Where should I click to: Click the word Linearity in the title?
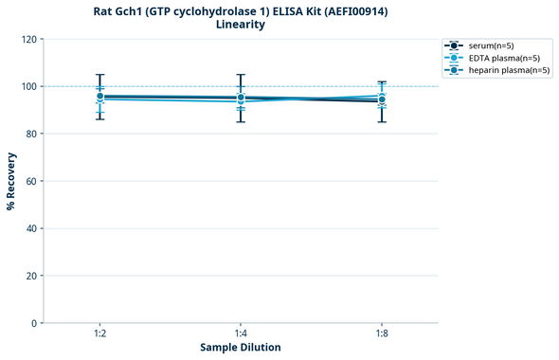[241, 25]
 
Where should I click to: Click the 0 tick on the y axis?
[34, 323]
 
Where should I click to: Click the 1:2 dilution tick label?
[99, 333]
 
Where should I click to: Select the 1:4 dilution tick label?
[241, 333]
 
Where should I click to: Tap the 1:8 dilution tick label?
[382, 333]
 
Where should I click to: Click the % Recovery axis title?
[11, 181]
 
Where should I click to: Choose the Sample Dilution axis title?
[241, 348]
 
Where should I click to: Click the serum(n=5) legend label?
[490, 45]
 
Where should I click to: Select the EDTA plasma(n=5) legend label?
[503, 58]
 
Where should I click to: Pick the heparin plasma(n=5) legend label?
[509, 70]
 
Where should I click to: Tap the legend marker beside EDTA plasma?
[454, 58]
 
